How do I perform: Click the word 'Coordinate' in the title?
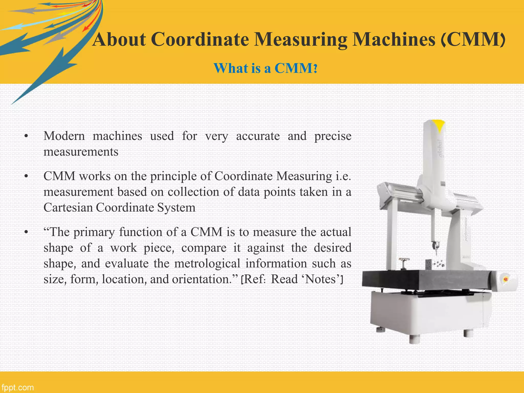[200, 40]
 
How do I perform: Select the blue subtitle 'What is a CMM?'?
[265, 68]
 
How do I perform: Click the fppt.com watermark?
[17, 387]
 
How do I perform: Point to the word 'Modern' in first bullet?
[64, 136]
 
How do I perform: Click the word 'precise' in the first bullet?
[333, 136]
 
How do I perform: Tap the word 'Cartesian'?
[68, 208]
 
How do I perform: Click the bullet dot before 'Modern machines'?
[26, 136]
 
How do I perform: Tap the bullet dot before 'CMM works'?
[26, 177]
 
